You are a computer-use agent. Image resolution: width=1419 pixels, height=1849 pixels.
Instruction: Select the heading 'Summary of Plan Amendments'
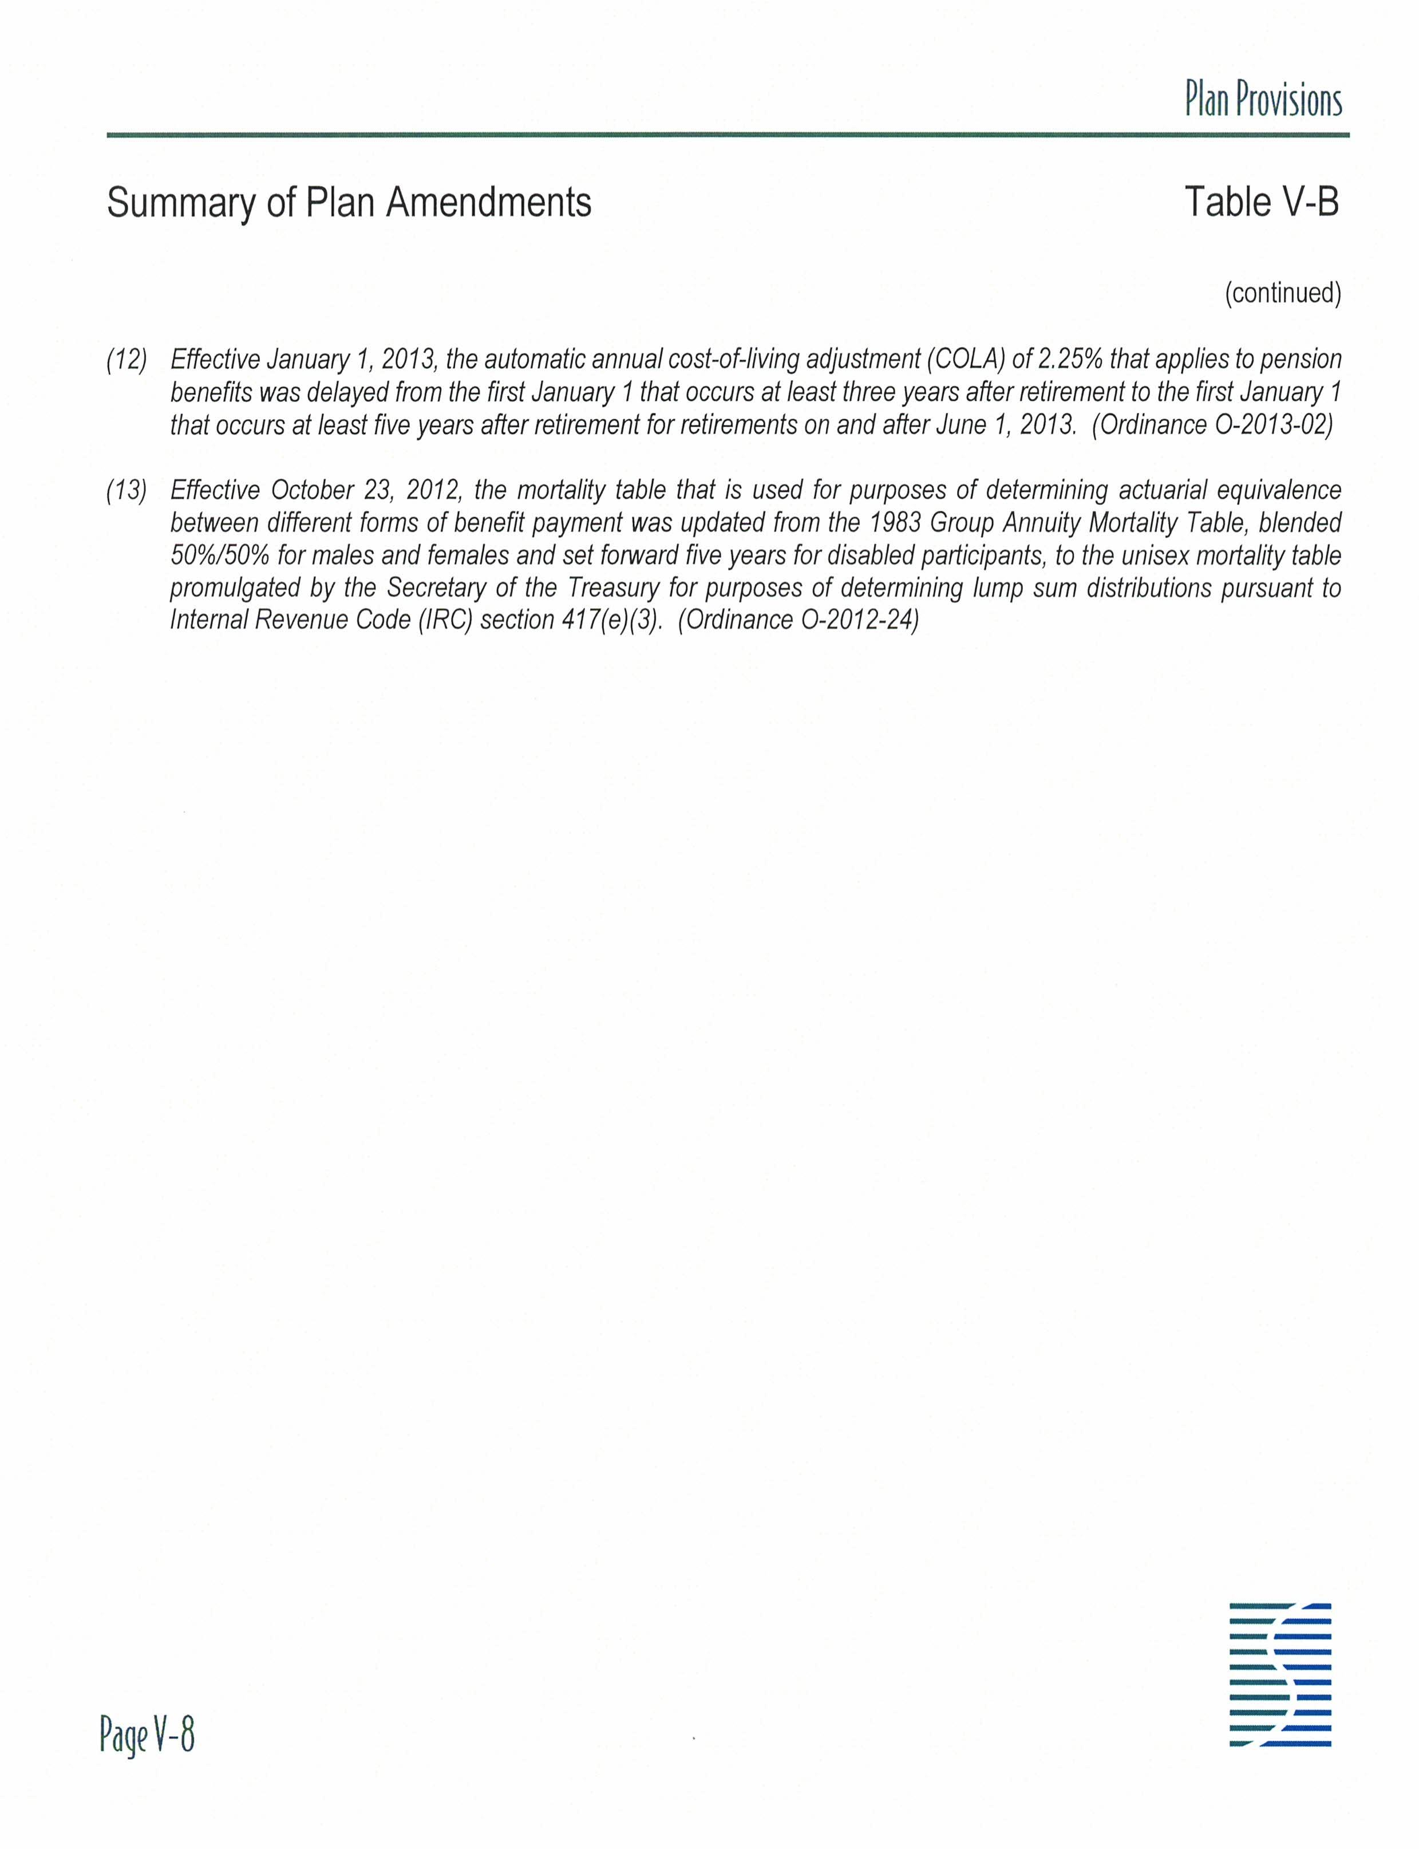[x=349, y=203]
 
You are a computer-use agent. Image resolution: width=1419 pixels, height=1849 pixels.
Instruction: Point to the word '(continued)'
[x=1282, y=293]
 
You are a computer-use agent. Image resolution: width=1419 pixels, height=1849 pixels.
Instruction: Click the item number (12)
[x=127, y=360]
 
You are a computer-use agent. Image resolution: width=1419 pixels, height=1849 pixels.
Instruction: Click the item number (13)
[x=127, y=490]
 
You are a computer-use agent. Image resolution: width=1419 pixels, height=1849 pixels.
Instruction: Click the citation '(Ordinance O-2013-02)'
[x=1212, y=424]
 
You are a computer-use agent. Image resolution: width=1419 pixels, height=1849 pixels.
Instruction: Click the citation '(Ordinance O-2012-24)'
[x=797, y=620]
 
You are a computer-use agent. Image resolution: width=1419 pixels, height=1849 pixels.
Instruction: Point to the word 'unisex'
[x=1144, y=555]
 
